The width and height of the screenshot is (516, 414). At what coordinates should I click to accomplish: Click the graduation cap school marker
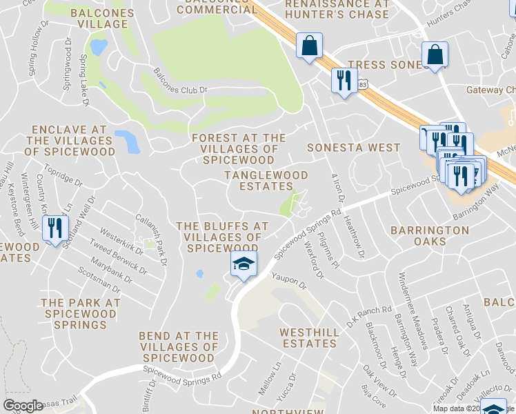[243, 265]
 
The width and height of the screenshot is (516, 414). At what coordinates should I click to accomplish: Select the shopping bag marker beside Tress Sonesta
[435, 55]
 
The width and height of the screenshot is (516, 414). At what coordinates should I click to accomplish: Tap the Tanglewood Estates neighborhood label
[259, 181]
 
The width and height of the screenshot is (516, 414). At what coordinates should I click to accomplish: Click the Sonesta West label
[353, 148]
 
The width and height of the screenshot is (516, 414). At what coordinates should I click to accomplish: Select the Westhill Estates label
[309, 338]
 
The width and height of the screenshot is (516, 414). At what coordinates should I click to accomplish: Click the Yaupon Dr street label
[288, 280]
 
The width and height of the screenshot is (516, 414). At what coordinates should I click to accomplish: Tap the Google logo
[23, 406]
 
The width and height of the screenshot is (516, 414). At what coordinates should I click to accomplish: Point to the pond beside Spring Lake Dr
[99, 47]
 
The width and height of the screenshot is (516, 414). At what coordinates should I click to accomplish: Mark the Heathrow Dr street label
[353, 235]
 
